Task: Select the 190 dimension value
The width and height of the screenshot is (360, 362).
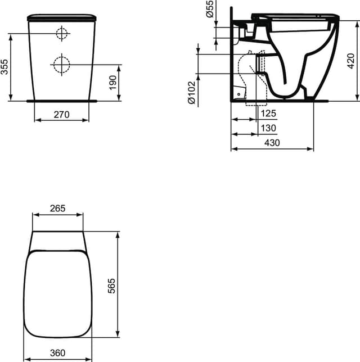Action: point(112,82)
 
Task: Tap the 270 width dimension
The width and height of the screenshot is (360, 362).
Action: point(61,114)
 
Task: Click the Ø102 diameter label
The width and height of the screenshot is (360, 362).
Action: point(191,92)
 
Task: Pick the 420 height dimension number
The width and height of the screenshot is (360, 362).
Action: point(350,60)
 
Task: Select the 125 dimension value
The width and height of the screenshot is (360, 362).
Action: point(268,114)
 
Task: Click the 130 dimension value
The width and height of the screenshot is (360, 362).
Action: point(268,128)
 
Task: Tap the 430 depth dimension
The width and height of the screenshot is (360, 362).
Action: point(272,143)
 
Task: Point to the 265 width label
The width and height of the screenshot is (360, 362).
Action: point(57,208)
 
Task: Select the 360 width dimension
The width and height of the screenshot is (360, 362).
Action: point(57,352)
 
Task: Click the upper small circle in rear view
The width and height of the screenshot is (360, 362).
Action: point(61,34)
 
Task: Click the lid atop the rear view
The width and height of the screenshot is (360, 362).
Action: point(61,17)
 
